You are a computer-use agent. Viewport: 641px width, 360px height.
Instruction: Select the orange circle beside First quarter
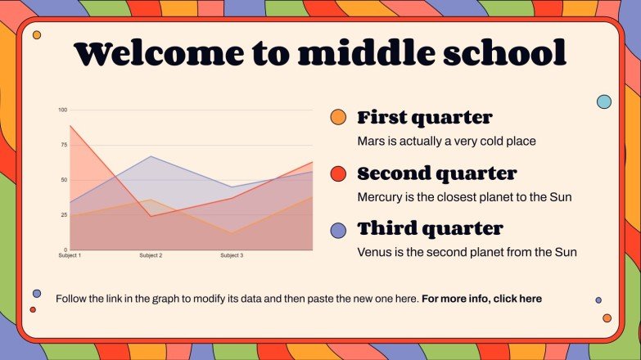[337, 117]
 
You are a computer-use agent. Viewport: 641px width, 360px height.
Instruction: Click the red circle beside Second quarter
[337, 173]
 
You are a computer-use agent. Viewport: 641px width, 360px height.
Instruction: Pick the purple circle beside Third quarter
[337, 230]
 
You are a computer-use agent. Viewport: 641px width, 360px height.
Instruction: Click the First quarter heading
[424, 117]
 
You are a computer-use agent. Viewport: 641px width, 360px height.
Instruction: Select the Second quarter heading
[436, 173]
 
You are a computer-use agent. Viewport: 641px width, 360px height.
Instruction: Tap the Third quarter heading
[430, 228]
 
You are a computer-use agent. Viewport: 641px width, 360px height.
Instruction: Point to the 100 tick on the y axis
[62, 110]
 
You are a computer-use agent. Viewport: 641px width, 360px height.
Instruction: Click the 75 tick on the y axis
[63, 145]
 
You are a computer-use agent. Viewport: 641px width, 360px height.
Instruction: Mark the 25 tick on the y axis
[63, 215]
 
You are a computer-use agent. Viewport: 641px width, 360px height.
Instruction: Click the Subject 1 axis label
[70, 256]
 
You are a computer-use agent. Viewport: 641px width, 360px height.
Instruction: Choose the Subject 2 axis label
[151, 256]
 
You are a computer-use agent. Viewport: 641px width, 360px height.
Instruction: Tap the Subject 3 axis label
[232, 256]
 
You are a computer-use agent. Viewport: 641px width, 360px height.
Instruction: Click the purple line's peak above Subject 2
[151, 156]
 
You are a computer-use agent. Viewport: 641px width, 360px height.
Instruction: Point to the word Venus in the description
[373, 252]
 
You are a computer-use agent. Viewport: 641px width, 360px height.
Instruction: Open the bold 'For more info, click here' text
[481, 299]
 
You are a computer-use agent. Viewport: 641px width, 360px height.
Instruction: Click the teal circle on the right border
[604, 101]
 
